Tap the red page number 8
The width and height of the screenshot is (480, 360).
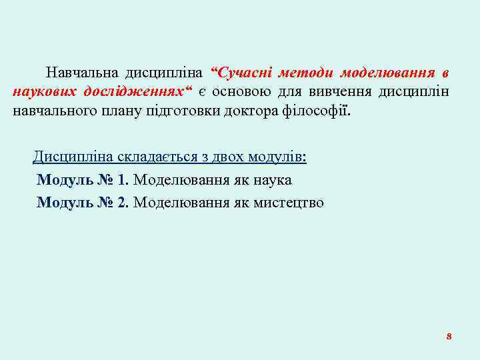pos(449,336)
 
